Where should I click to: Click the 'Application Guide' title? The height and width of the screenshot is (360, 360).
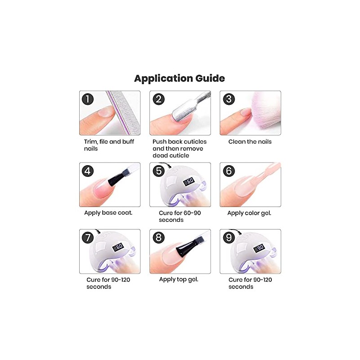[180, 78]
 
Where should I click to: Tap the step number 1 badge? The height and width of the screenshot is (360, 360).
[88, 99]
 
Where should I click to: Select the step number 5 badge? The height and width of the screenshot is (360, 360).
[158, 171]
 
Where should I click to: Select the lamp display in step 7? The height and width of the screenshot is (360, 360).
[118, 247]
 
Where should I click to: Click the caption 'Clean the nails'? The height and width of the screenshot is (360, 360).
[250, 142]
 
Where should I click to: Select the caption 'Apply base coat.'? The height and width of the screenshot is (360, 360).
[108, 212]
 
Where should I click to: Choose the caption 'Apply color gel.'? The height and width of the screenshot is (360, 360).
[249, 213]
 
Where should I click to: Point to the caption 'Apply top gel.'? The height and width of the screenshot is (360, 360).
[179, 279]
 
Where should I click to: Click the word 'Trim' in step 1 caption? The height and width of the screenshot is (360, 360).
[90, 142]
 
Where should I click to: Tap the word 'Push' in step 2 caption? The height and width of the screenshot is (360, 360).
[160, 142]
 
